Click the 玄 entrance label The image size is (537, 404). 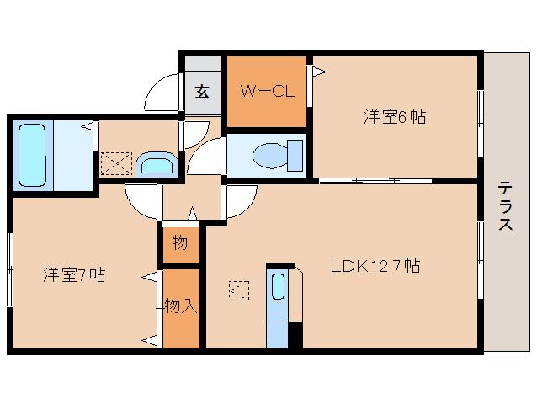coord(203,92)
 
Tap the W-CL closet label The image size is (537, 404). coord(268,91)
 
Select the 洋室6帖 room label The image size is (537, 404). coord(394,117)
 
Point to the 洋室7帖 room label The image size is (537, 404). coord(74,274)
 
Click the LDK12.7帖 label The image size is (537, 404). coord(375,267)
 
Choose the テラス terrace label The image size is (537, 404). coord(505,206)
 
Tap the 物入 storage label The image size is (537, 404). coord(180,306)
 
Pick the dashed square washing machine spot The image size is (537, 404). coord(115,162)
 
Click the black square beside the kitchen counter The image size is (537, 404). coord(295,334)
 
